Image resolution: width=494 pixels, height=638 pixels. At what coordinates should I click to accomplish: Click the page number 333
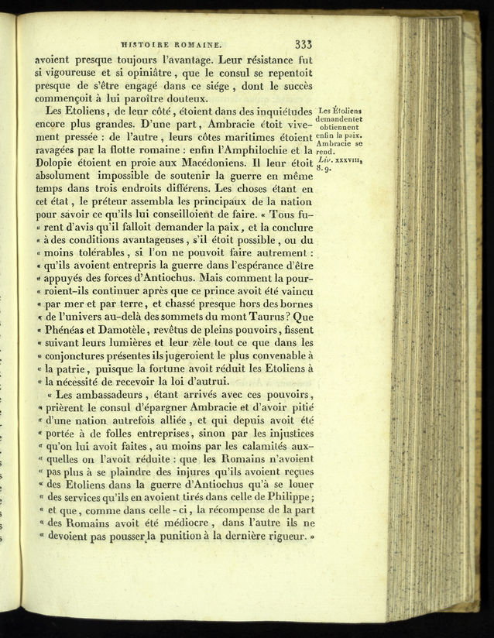pyautogui.click(x=299, y=45)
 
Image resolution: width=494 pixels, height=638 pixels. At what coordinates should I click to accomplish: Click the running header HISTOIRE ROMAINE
pyautogui.click(x=171, y=46)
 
